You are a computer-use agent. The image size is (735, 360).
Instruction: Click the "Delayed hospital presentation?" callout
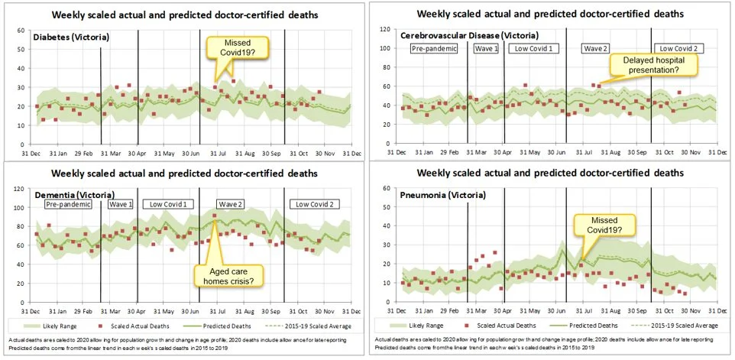click(652, 64)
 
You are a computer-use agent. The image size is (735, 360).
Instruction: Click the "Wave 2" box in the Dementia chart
click(229, 205)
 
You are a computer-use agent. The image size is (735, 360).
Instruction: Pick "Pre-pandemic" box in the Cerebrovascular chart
click(433, 48)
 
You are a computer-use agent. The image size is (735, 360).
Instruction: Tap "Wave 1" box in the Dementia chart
click(120, 205)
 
